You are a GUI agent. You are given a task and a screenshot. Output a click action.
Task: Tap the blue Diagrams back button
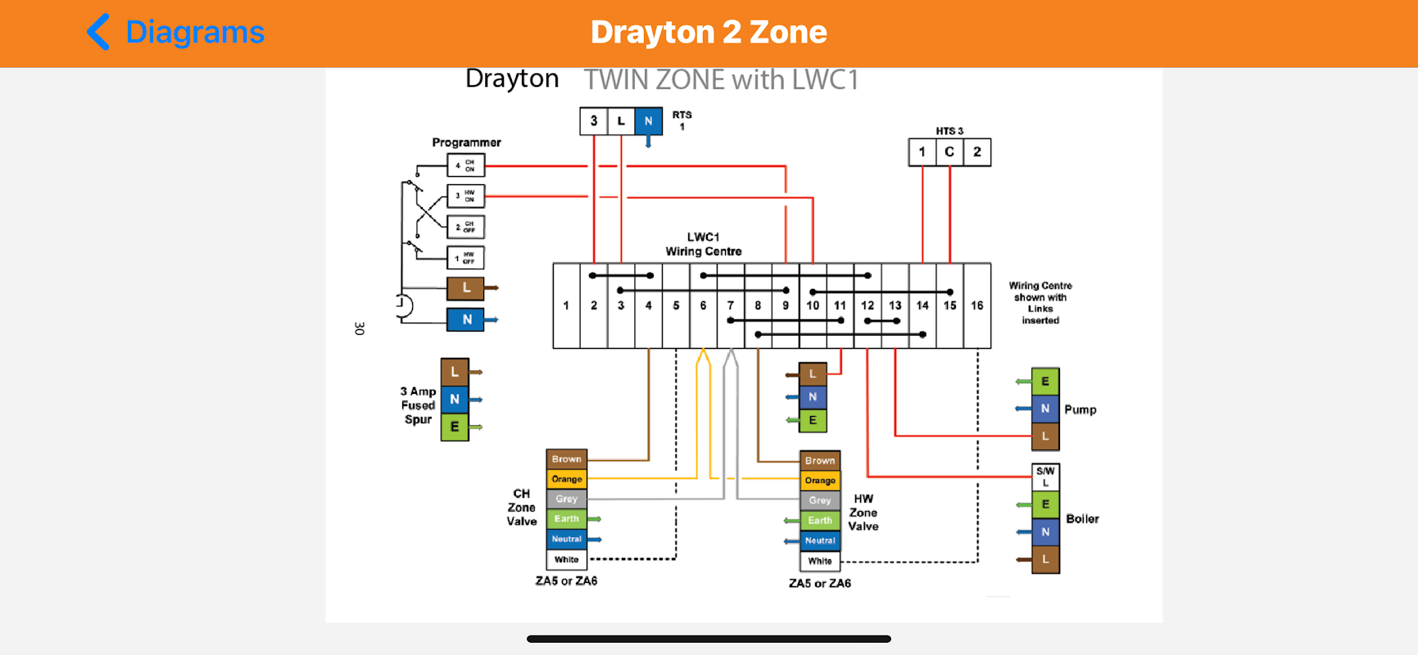point(176,33)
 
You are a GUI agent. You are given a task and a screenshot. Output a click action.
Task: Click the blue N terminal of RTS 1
point(648,121)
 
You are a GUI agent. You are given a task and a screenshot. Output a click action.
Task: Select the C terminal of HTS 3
point(949,152)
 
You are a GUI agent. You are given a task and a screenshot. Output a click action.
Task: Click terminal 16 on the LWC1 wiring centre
point(977,305)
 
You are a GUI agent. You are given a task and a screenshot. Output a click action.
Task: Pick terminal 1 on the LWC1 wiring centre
point(566,305)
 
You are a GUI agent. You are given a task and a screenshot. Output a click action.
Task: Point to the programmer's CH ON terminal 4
point(465,165)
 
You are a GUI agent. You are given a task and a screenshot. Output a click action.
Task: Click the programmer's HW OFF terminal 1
point(465,258)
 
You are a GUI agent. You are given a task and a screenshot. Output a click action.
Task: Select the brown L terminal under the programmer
point(465,288)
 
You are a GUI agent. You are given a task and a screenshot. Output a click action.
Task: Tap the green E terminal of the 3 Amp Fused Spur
point(455,427)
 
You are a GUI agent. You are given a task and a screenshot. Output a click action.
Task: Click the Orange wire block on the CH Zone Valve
point(567,479)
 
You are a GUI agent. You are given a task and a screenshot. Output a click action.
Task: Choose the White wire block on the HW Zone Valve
point(820,561)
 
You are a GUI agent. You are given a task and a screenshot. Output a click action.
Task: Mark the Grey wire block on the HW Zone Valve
point(820,500)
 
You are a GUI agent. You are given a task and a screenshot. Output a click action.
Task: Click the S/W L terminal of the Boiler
point(1045,477)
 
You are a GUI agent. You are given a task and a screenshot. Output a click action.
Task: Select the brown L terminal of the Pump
point(1045,436)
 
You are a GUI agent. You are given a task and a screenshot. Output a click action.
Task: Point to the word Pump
point(1080,409)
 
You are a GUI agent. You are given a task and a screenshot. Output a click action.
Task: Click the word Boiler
point(1082,519)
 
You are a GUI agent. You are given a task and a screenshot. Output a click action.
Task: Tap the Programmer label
point(466,142)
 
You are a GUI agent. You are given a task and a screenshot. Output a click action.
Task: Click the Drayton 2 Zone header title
point(709,33)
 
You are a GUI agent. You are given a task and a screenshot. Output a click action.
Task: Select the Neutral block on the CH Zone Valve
point(567,540)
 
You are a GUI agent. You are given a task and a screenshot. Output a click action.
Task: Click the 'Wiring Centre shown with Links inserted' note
point(1040,303)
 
